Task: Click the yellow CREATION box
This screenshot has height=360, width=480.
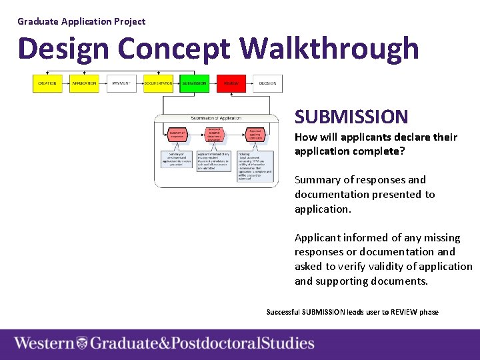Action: [47, 83]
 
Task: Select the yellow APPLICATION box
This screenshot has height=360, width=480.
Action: [84, 83]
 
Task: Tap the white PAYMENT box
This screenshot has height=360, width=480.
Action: [121, 83]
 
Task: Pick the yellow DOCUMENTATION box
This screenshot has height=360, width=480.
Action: [158, 83]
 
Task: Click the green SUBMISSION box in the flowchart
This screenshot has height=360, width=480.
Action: [195, 83]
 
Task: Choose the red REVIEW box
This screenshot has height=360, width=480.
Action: [231, 83]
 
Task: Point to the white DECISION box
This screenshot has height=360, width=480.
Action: [267, 83]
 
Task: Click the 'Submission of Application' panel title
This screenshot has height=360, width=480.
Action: [216, 119]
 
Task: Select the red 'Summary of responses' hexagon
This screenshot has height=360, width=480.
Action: [177, 135]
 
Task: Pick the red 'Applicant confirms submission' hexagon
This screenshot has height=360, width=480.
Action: [254, 135]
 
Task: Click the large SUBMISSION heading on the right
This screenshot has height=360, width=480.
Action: [351, 117]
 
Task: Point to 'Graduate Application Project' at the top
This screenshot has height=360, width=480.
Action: [81, 21]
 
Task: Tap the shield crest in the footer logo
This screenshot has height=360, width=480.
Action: [82, 344]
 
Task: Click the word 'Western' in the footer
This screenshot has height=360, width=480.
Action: [44, 344]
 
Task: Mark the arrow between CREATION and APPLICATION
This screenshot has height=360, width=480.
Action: [65, 83]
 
